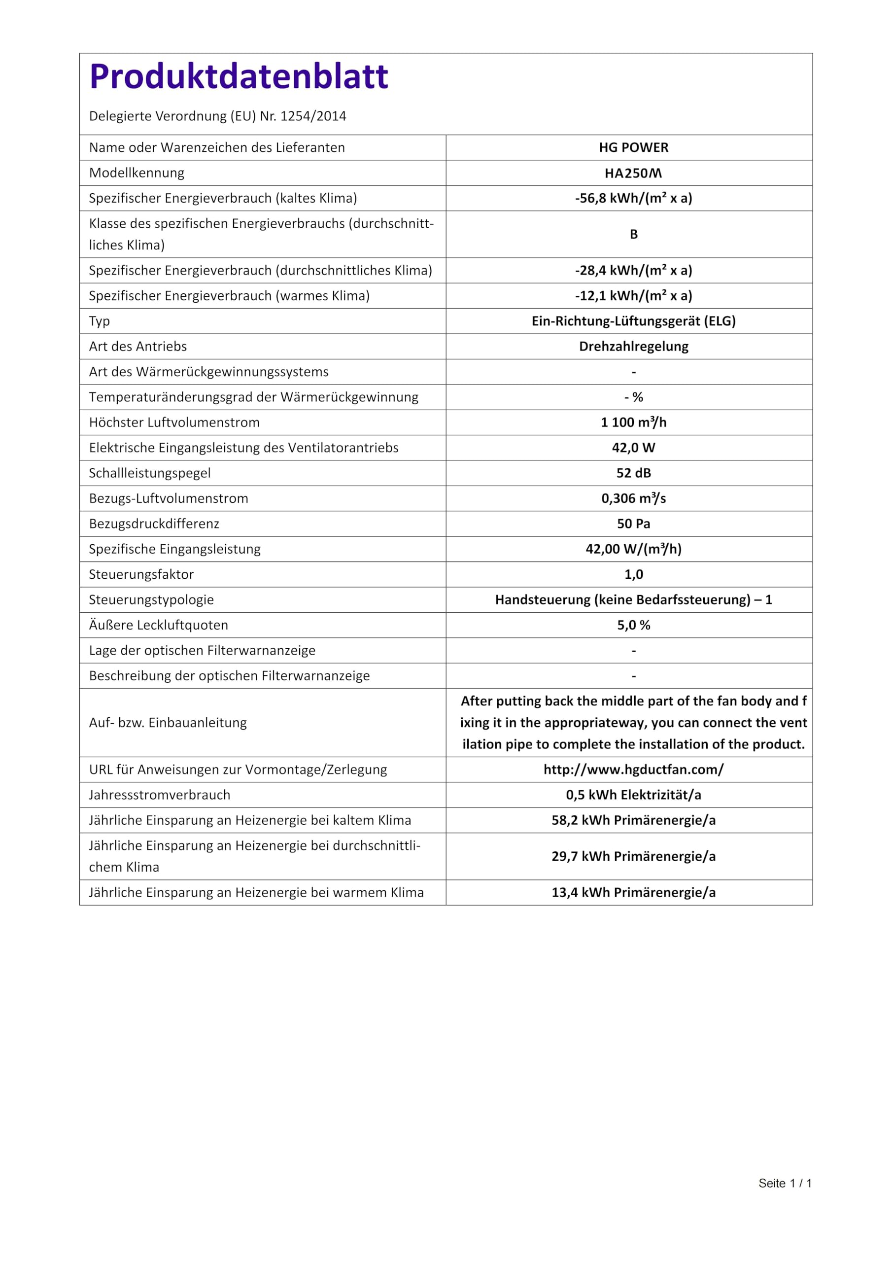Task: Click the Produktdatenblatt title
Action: click(239, 76)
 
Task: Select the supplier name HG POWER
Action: click(633, 147)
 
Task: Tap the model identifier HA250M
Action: click(633, 173)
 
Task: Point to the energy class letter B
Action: click(633, 234)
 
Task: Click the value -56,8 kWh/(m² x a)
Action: click(633, 199)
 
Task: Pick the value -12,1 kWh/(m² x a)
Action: click(633, 296)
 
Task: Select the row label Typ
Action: click(100, 321)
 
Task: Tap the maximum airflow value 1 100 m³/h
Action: click(633, 422)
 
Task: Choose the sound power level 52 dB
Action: click(633, 473)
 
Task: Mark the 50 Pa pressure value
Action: click(633, 524)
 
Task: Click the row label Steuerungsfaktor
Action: click(141, 574)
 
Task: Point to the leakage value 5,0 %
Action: click(633, 625)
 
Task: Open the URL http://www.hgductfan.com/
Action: click(633, 770)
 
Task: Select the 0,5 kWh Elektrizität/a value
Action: click(633, 795)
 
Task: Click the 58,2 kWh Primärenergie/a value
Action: click(633, 820)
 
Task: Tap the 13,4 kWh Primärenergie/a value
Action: click(633, 892)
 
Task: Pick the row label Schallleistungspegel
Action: click(149, 473)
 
